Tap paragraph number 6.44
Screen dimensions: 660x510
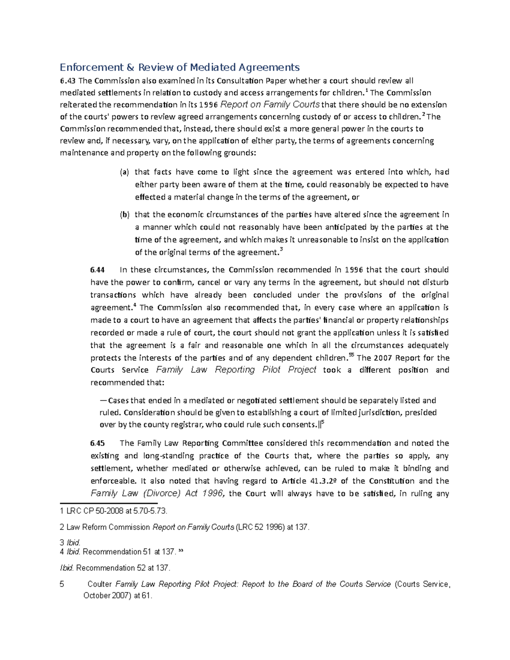(97, 270)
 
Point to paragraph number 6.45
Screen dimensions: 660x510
(97, 443)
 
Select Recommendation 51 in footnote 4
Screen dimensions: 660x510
(113, 552)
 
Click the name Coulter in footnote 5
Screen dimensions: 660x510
(100, 584)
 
